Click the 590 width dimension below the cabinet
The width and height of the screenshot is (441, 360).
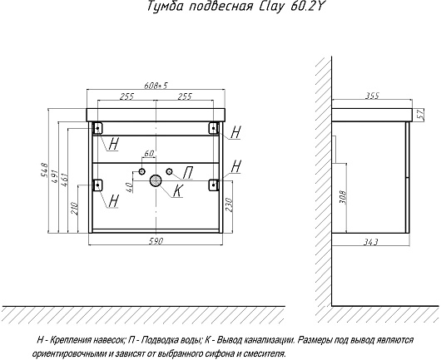pyautogui.click(x=156, y=241)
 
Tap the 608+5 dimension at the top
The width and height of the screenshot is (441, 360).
pyautogui.click(x=156, y=85)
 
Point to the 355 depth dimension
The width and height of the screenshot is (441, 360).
pyautogui.click(x=372, y=96)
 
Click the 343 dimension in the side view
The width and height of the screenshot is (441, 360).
pyautogui.click(x=370, y=242)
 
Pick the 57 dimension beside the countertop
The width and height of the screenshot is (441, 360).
pyautogui.click(x=419, y=115)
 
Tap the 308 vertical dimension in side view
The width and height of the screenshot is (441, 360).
pyautogui.click(x=343, y=198)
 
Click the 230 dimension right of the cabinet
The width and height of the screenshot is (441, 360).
pyautogui.click(x=228, y=205)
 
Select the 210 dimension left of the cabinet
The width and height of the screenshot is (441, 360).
pyautogui.click(x=74, y=208)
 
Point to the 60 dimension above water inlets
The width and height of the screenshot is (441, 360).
pyautogui.click(x=148, y=154)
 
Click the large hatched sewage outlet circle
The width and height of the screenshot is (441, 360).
pyautogui.click(x=156, y=180)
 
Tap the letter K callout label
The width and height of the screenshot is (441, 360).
pyautogui.click(x=177, y=191)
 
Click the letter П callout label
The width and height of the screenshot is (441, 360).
pyautogui.click(x=187, y=173)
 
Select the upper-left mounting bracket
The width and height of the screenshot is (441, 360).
pyautogui.click(x=97, y=128)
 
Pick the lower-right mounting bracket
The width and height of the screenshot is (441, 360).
pyautogui.click(x=214, y=185)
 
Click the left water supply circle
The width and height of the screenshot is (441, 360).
pyautogui.click(x=142, y=171)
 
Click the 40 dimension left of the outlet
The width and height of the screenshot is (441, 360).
pyautogui.click(x=129, y=187)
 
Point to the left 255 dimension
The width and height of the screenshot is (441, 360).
pyautogui.click(x=126, y=96)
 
